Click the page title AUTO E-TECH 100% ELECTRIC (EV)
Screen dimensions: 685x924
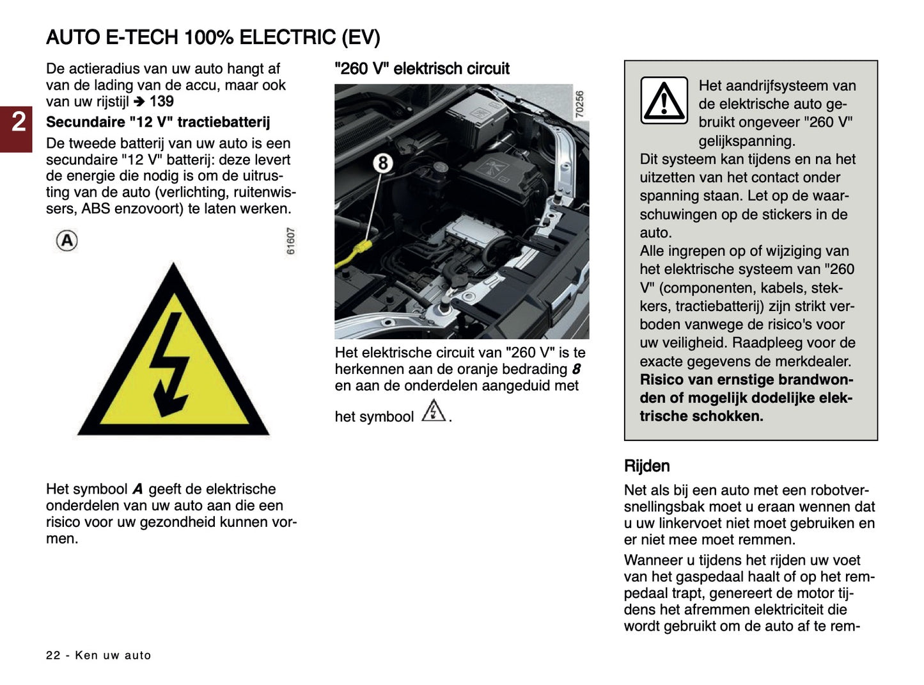tap(213, 38)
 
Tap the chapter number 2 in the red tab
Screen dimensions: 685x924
tap(19, 122)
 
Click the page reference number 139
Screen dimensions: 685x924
tap(162, 101)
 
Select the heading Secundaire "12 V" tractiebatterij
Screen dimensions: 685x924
tap(158, 122)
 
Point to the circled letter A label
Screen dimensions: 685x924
tap(67, 241)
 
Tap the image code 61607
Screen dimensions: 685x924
tap(291, 241)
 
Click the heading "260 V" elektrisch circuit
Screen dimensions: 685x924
tap(422, 68)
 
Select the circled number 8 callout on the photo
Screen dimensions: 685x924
tap(382, 163)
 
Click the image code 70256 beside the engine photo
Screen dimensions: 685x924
tap(579, 104)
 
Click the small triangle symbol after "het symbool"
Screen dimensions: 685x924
tap(434, 411)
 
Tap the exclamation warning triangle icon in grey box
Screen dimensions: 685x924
tap(664, 101)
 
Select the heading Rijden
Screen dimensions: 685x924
tap(646, 466)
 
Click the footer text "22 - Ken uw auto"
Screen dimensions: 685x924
tap(98, 655)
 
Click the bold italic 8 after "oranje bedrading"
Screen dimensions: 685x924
tap(576, 369)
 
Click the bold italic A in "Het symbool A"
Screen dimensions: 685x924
tap(137, 489)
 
